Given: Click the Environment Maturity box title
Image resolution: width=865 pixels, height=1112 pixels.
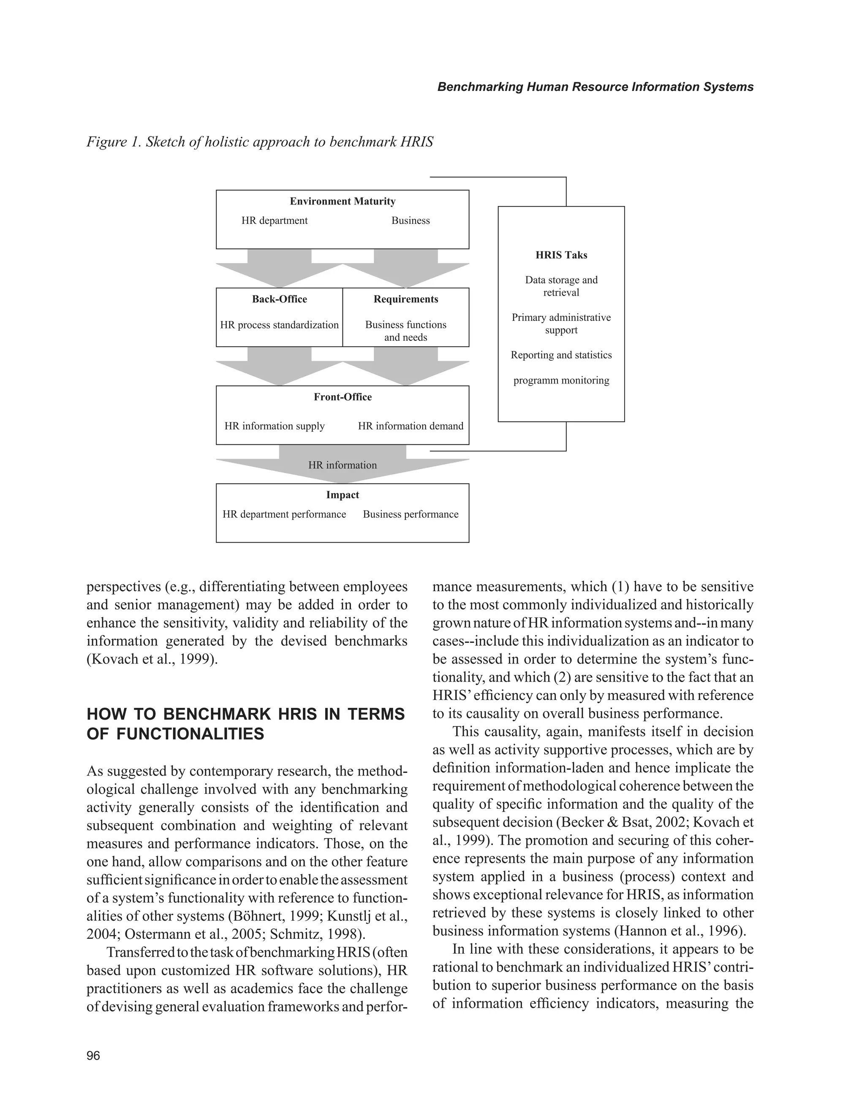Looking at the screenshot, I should click(x=342, y=201).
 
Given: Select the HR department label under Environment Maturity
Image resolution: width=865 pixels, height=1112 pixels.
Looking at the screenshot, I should click(x=275, y=220).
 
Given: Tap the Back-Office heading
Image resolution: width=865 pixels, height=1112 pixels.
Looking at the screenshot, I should click(x=280, y=299).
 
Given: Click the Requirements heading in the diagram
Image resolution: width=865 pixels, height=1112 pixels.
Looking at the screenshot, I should click(x=406, y=299).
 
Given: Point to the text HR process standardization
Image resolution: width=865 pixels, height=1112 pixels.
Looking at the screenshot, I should click(x=279, y=325).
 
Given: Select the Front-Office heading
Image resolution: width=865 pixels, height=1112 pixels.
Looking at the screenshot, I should click(x=342, y=397).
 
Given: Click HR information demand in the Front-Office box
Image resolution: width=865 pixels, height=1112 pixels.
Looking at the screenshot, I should click(x=411, y=426).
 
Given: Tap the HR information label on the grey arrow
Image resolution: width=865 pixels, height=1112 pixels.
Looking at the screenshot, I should click(x=342, y=465).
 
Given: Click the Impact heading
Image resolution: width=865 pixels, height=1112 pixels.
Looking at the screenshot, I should click(x=342, y=495).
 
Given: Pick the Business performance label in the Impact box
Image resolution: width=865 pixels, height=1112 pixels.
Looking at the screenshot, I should click(x=411, y=514).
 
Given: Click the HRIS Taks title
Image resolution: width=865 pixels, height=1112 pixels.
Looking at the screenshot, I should click(x=561, y=255).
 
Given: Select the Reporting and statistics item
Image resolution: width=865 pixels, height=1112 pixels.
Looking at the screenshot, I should click(x=561, y=355).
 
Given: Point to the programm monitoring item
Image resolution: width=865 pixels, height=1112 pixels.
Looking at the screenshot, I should click(x=561, y=381).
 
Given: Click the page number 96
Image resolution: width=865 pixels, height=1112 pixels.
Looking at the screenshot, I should click(x=94, y=1055).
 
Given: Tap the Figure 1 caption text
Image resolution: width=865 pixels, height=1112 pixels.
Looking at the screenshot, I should click(x=260, y=141).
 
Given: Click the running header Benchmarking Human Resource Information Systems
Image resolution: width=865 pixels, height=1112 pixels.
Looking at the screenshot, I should click(x=595, y=87).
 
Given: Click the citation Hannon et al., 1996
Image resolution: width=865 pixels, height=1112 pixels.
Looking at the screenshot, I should click(x=680, y=931).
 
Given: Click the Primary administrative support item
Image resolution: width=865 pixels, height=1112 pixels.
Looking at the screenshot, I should click(x=561, y=324).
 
